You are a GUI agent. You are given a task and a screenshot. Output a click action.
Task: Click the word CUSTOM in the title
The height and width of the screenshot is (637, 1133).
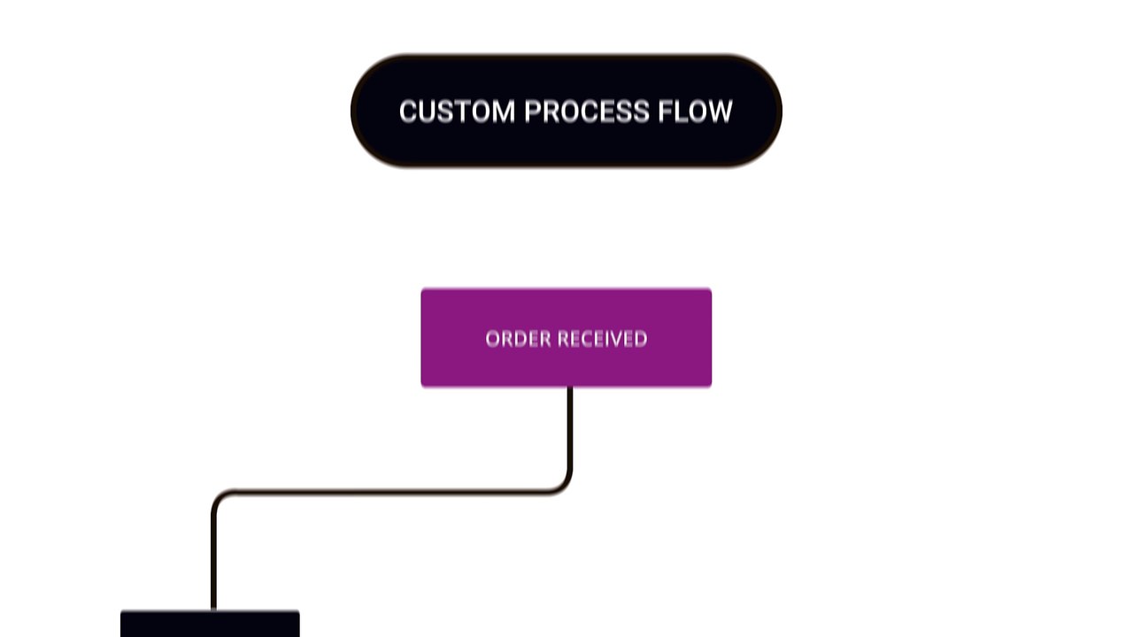[458, 111]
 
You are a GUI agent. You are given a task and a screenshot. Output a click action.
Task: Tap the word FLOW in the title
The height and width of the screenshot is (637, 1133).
[696, 111]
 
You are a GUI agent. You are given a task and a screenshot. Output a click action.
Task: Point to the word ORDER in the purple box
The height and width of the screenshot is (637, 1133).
[519, 339]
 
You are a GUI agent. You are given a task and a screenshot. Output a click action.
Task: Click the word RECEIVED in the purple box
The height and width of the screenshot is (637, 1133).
[603, 339]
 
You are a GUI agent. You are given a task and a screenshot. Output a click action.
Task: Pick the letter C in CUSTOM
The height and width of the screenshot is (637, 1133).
[409, 111]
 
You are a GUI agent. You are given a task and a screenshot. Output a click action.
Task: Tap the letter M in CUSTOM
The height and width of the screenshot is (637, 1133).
[503, 111]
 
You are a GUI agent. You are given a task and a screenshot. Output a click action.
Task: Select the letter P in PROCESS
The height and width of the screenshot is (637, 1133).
[533, 111]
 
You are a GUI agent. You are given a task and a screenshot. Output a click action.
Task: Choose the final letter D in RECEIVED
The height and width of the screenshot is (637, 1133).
[641, 339]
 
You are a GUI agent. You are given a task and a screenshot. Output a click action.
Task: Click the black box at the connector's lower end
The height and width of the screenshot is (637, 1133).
[210, 624]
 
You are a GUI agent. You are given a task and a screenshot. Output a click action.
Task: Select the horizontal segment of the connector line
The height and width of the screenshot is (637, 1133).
[392, 491]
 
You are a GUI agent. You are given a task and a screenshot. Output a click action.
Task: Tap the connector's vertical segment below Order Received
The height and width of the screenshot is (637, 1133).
[569, 427]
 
